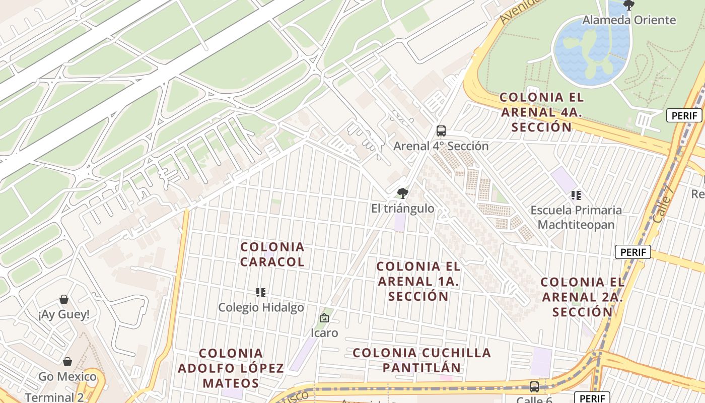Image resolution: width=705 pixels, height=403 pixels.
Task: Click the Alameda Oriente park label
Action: pos(629,20)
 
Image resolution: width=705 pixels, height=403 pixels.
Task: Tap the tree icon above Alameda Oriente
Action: pos(628,6)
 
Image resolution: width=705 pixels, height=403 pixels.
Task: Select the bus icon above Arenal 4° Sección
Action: pos(441,131)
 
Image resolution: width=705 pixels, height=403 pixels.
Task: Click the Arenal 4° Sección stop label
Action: pos(441,146)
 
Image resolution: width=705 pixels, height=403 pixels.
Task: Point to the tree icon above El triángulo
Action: pos(402,193)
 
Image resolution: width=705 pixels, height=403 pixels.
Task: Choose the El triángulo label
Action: pos(402,208)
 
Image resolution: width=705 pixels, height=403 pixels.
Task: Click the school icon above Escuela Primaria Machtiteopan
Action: pos(576,195)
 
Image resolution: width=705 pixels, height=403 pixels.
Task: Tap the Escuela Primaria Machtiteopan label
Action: pos(576,217)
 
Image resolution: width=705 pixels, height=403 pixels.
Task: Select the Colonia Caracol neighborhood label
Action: pos(272,254)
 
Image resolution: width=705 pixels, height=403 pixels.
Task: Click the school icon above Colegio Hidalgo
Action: pos(261,292)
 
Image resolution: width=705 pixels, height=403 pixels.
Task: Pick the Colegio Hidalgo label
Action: pos(261,307)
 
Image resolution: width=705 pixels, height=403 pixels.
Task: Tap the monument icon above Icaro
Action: pos(324,318)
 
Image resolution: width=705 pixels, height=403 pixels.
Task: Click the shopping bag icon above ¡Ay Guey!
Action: pos(64,300)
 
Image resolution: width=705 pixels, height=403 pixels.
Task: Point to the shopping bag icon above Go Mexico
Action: pos(67,362)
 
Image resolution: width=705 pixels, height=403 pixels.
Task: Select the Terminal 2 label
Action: pos(54,397)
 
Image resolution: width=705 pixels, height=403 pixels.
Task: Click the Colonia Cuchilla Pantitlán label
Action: pos(421,360)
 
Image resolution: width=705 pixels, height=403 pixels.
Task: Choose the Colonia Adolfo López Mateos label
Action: pos(231,368)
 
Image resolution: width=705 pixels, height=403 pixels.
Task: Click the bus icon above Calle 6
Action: pos(534,387)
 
